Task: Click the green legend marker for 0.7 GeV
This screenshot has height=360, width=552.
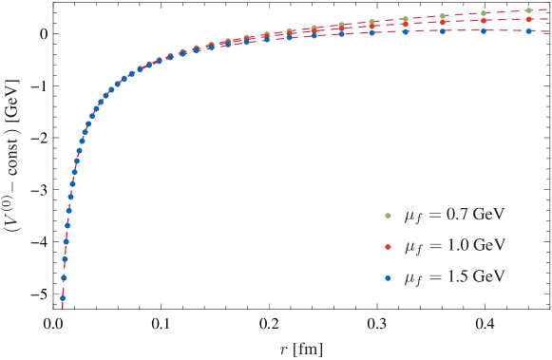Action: [x=388, y=215]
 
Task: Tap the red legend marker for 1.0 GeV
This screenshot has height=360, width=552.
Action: [x=388, y=246]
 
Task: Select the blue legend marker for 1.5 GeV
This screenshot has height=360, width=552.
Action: [x=388, y=277]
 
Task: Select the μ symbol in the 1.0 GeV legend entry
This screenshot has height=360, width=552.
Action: [x=410, y=247]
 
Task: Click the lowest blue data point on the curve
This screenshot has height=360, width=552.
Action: [x=62, y=298]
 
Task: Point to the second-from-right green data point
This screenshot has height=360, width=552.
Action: [x=484, y=13]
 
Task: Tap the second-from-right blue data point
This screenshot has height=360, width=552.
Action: [x=484, y=30]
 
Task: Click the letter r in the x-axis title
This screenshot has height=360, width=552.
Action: [x=283, y=349]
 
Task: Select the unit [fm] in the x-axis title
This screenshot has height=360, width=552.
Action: [x=308, y=349]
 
